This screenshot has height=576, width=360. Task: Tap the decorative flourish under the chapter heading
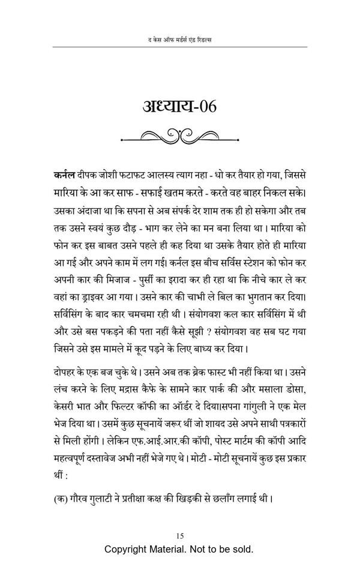pyautogui.click(x=179, y=137)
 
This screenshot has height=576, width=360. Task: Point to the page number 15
pyautogui.click(x=179, y=535)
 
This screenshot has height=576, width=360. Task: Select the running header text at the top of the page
pyautogui.click(x=179, y=40)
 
